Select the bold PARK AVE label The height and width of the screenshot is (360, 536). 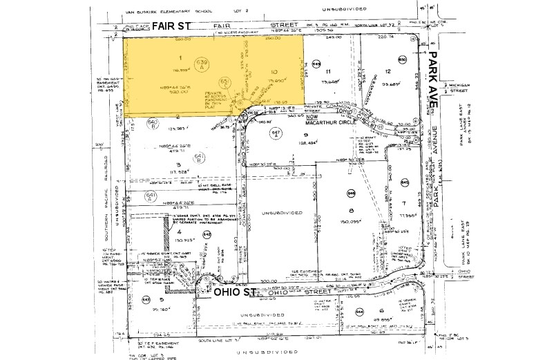[435, 77]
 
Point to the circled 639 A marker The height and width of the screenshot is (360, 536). [202, 64]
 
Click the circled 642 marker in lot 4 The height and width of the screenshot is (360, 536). [207, 235]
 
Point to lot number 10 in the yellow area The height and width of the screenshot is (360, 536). [274, 70]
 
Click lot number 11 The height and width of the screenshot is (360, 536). [329, 72]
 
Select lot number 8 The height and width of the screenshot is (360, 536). [351, 211]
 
